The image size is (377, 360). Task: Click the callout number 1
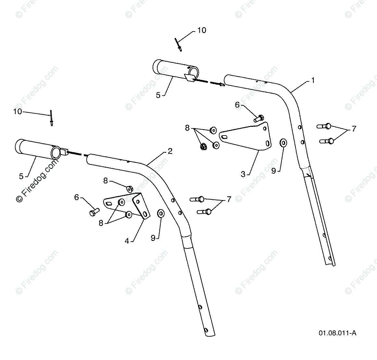click(313, 80)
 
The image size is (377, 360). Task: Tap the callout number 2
click(170, 151)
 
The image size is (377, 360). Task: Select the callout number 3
click(243, 174)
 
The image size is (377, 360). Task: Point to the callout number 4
click(127, 241)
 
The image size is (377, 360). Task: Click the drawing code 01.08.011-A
click(337, 333)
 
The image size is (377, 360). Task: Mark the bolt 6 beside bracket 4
click(94, 212)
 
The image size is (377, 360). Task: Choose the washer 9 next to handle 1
click(283, 142)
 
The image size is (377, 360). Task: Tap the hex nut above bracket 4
click(129, 188)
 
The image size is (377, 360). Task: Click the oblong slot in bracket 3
click(224, 138)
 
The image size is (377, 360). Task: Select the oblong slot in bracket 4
click(109, 203)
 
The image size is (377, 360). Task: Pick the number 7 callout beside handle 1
click(354, 129)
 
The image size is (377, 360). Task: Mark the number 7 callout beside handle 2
click(229, 199)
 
